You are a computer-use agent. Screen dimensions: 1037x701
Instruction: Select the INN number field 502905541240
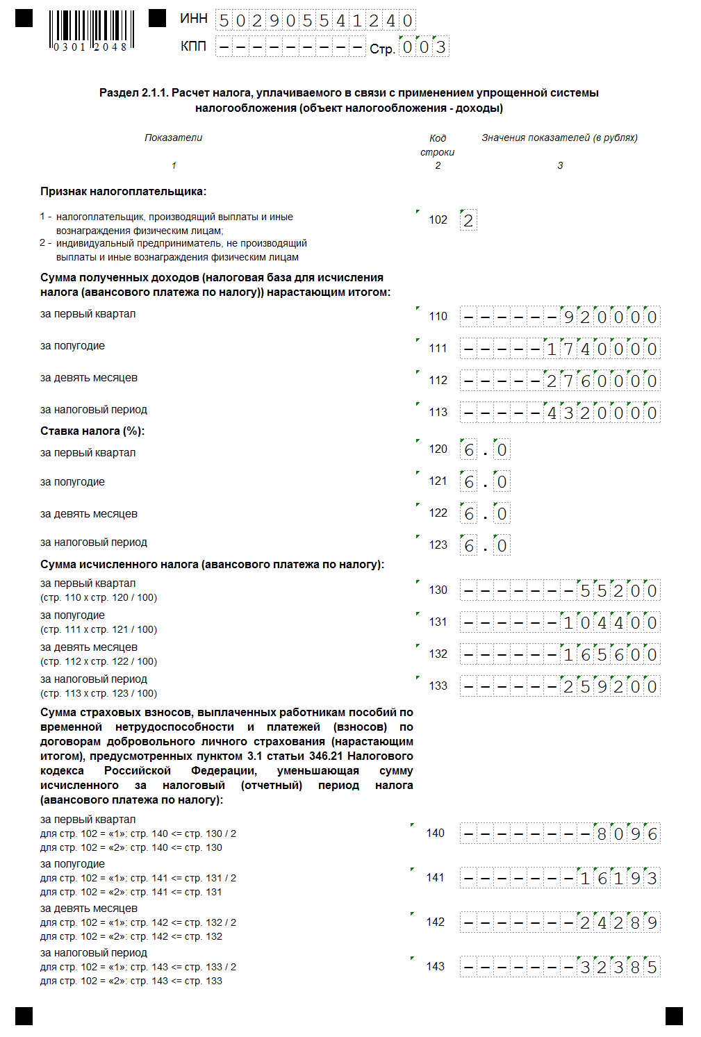[315, 21]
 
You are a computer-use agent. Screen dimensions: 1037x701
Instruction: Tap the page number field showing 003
[424, 47]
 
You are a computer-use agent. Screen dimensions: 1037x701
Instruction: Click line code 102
[438, 220]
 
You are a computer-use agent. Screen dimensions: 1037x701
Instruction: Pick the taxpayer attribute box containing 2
[468, 221]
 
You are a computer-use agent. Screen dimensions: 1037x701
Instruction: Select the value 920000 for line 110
[610, 317]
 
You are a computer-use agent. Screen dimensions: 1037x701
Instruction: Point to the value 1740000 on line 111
[602, 349]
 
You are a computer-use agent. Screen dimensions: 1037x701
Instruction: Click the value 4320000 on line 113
[602, 413]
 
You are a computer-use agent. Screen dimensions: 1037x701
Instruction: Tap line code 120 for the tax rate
[438, 449]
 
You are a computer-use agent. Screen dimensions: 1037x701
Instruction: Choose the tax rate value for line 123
[485, 546]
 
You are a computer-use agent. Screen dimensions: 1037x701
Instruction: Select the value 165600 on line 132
[610, 655]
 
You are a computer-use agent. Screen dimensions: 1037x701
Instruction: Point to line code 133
[438, 686]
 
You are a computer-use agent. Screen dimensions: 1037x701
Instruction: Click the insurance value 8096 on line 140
[627, 834]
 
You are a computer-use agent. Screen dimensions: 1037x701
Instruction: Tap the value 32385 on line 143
[618, 968]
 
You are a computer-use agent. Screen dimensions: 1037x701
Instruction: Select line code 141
[436, 878]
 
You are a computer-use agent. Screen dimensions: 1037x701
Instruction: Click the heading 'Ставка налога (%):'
[92, 431]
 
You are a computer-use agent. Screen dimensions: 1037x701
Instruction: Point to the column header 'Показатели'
[173, 138]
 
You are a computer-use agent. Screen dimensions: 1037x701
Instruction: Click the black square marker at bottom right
[674, 1015]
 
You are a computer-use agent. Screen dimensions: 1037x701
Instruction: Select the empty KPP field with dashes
[290, 47]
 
